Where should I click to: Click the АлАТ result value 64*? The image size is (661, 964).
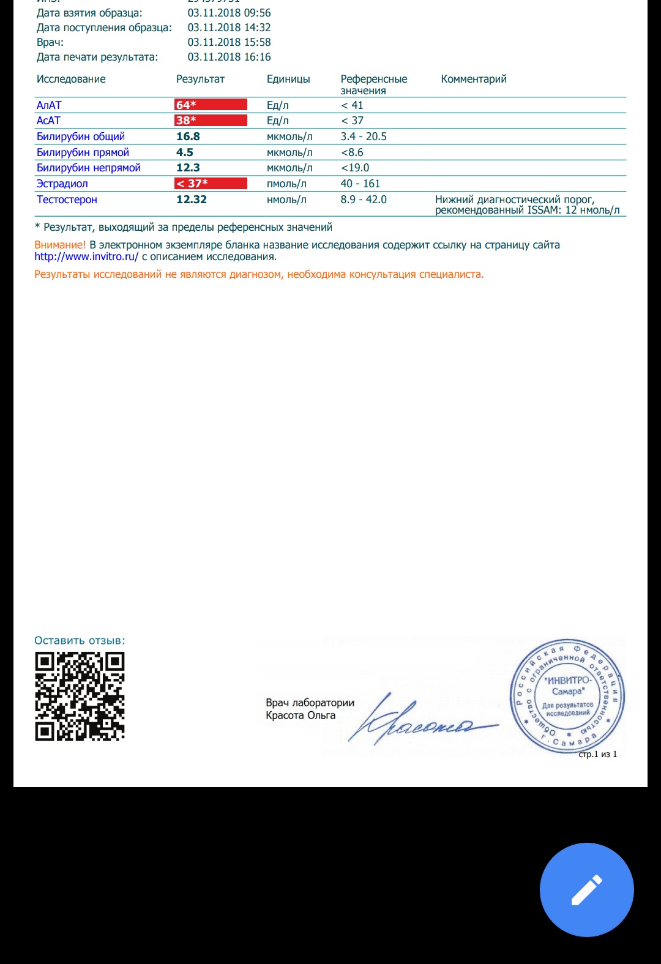click(x=186, y=105)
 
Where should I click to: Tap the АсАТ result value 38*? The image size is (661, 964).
click(x=186, y=121)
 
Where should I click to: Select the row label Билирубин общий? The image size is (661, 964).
click(x=81, y=136)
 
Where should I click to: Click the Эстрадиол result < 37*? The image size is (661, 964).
click(x=192, y=184)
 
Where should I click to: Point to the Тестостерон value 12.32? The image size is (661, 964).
click(x=192, y=200)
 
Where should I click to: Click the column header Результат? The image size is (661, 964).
click(x=200, y=79)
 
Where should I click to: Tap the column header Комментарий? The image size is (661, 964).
click(x=474, y=79)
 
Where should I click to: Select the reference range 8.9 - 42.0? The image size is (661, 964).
click(x=364, y=200)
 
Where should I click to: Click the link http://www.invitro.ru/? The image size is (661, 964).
click(x=86, y=257)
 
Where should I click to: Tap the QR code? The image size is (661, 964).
click(x=80, y=696)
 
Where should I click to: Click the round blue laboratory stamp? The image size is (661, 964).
click(x=567, y=697)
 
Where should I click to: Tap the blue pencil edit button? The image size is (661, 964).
click(x=586, y=889)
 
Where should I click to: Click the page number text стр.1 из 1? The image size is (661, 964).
click(x=597, y=754)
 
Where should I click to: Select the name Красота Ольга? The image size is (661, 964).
click(x=301, y=716)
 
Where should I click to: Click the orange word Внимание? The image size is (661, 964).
click(x=60, y=245)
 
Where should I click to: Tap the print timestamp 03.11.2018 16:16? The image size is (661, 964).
click(x=229, y=57)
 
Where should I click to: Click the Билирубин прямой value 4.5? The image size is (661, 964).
click(x=185, y=152)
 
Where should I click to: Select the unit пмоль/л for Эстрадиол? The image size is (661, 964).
click(x=286, y=184)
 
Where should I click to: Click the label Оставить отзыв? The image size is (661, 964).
click(x=80, y=641)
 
